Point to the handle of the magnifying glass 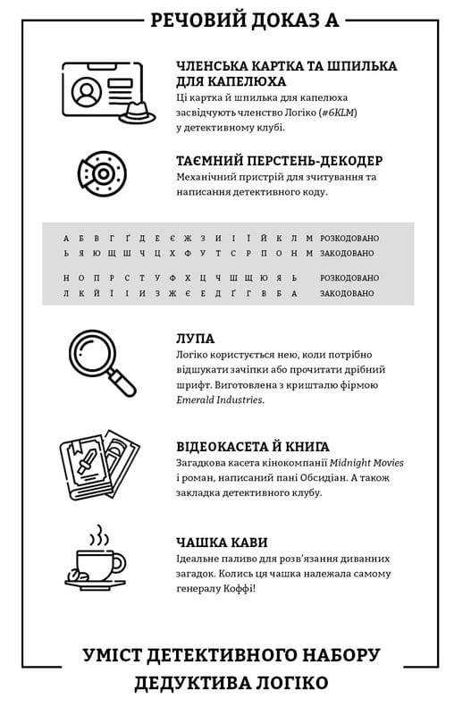122,383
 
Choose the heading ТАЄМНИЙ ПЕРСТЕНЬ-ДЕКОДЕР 280,161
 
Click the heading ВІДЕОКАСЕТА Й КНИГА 253,446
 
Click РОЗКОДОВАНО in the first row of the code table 349,238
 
